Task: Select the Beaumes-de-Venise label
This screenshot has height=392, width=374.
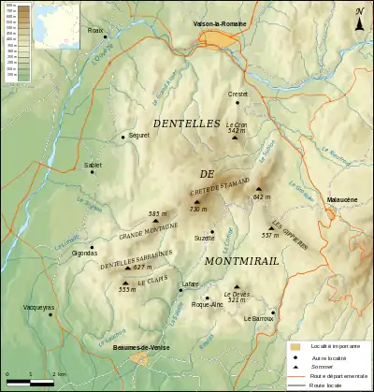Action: point(136,347)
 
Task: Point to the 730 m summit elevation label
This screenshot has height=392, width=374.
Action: point(196,210)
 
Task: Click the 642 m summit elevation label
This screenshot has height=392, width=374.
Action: point(261,197)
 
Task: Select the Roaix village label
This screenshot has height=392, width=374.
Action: point(94,30)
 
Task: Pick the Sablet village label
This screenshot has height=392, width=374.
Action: point(93,165)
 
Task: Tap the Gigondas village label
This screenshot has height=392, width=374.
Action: point(85,253)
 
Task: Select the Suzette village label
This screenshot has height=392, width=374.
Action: point(204,239)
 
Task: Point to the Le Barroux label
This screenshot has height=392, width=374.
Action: point(258,319)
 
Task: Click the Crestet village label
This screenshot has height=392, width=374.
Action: point(237,94)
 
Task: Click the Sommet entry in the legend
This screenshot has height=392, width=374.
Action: point(323,366)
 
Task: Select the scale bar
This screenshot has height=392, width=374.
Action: point(32,382)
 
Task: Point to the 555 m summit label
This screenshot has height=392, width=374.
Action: point(127,289)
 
